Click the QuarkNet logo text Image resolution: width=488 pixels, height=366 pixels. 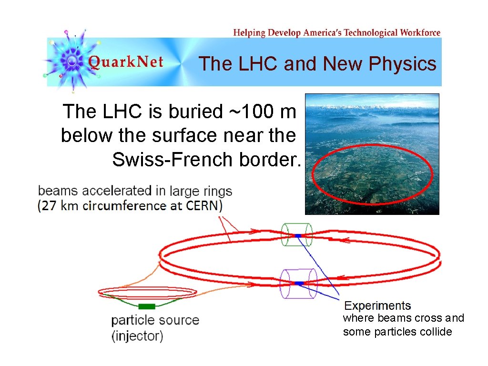126,62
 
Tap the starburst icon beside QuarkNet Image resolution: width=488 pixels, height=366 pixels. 71,61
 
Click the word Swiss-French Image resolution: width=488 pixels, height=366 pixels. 173,159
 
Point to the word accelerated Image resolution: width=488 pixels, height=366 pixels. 113,191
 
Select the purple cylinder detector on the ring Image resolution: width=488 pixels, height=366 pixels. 298,284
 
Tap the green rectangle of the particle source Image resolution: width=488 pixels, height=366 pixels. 146,306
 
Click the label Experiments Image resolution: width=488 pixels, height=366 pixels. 377,305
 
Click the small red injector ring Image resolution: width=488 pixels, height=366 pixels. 146,292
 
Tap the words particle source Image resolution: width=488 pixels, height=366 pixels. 155,320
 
